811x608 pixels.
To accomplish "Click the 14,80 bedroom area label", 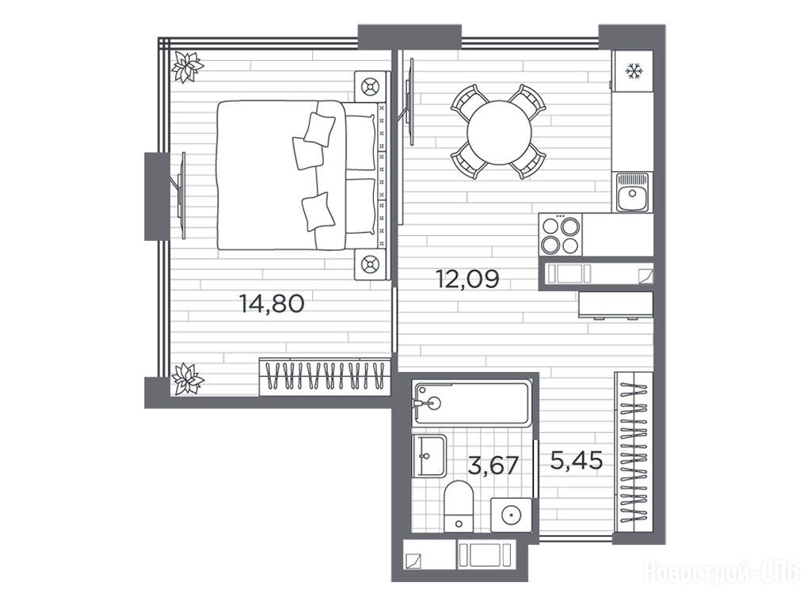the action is [272, 303].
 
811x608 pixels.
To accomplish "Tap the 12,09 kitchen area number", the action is [468, 279].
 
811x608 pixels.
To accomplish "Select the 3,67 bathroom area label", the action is [493, 465].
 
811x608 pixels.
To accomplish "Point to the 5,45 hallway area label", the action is [577, 460].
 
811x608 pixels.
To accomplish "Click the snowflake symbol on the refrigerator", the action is [633, 70].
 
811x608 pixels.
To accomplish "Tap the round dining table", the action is [499, 132].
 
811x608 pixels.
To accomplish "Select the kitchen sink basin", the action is [632, 192].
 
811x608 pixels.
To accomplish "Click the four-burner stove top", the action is [560, 234].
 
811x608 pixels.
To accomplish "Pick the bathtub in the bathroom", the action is [472, 404].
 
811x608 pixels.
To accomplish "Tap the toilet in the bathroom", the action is [459, 506].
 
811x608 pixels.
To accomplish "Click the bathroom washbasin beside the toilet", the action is [428, 456].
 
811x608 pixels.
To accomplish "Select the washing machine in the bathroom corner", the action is [511, 515].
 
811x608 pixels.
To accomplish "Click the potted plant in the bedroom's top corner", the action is [187, 67].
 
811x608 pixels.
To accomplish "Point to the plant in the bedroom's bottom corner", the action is [187, 379].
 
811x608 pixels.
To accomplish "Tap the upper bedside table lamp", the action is [371, 86].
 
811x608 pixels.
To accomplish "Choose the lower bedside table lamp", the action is [371, 264].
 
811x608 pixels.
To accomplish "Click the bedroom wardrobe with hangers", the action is [324, 376].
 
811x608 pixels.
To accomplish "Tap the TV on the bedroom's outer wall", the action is [180, 196].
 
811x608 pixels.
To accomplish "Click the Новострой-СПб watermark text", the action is [722, 572].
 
